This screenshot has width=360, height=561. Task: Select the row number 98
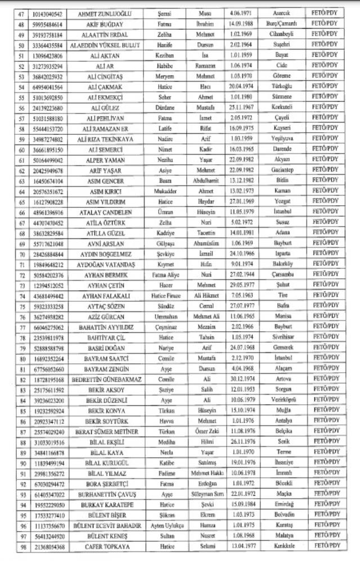(x=23, y=545)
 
